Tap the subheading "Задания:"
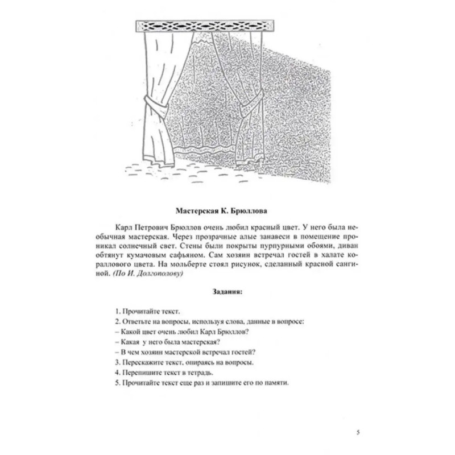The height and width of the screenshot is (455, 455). [x=227, y=293]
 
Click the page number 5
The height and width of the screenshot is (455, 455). [x=357, y=433]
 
